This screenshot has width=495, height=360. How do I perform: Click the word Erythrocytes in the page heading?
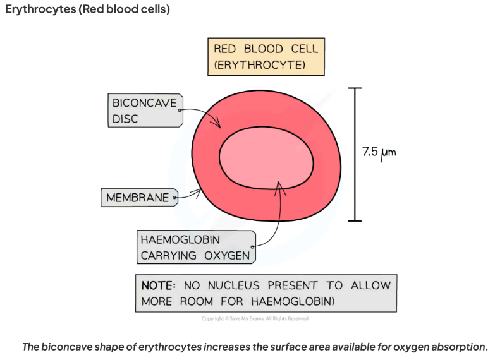40,9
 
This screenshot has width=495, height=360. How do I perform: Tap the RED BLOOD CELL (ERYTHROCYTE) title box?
266,57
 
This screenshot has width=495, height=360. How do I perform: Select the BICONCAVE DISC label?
145,111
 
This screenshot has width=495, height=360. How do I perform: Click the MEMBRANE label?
139,198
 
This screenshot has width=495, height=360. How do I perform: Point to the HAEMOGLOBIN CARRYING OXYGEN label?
196,247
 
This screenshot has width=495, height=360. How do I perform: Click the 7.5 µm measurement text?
379,153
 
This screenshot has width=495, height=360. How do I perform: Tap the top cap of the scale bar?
355,88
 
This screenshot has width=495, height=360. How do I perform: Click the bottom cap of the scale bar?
355,221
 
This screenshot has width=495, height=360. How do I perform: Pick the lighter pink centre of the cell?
266,158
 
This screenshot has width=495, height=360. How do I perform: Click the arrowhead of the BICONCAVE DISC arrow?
218,124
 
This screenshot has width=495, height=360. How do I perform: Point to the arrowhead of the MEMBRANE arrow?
199,191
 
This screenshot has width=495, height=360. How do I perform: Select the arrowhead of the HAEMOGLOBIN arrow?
279,186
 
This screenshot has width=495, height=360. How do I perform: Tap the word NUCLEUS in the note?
234,285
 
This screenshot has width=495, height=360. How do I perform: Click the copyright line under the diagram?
255,319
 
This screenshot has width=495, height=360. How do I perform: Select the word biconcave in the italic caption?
66,347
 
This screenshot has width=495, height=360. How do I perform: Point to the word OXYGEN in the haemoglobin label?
227,256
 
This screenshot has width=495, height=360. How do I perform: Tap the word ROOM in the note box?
197,301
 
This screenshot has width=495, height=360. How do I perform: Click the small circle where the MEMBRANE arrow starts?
174,198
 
